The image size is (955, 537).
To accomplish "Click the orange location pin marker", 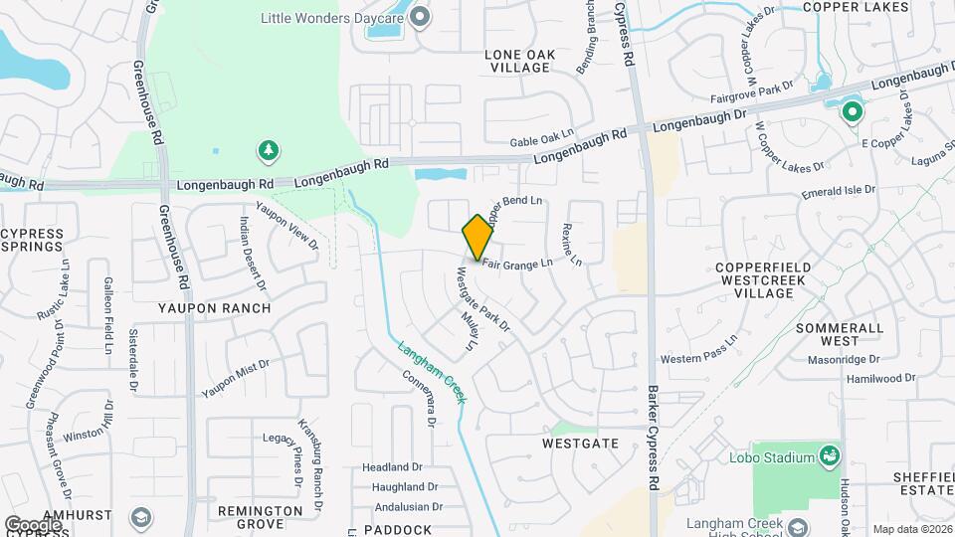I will pyautogui.click(x=477, y=237).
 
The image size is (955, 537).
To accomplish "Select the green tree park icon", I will pyautogui.click(x=267, y=151).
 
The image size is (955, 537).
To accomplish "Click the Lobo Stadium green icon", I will pyautogui.click(x=828, y=455).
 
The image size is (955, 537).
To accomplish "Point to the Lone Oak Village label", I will pyautogui.click(x=517, y=61).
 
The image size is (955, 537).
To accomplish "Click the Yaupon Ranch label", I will pyautogui.click(x=214, y=308).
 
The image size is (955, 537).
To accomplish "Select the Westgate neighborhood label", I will pyautogui.click(x=581, y=443).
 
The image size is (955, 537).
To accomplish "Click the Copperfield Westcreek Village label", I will pyautogui.click(x=768, y=281).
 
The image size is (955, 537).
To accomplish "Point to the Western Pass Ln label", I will pyautogui.click(x=699, y=348).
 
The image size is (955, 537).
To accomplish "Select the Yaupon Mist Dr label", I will pyautogui.click(x=236, y=378).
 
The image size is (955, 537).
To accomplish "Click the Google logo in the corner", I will pyautogui.click(x=33, y=524).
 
